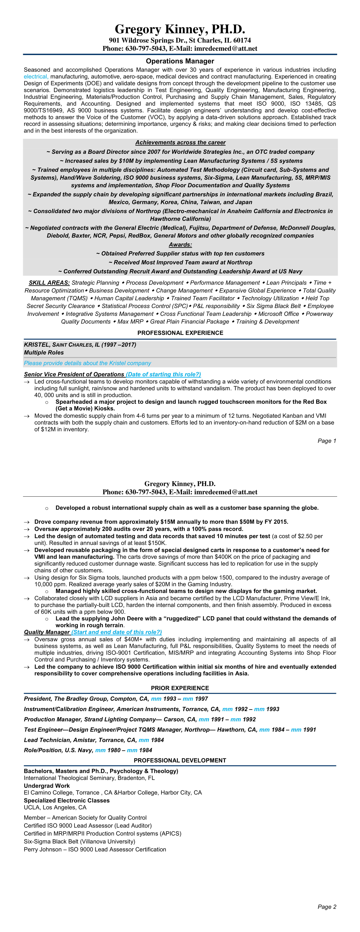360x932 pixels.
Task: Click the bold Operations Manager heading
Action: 180,61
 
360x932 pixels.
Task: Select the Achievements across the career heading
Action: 180,143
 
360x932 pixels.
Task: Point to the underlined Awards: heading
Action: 180,245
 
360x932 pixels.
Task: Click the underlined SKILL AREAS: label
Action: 49,283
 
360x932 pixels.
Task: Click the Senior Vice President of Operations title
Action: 74,374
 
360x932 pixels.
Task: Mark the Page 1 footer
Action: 327,441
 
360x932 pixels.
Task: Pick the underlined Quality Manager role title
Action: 47,632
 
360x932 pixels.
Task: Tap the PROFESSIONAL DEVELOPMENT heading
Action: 180,760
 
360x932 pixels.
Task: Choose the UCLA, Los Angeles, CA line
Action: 55,807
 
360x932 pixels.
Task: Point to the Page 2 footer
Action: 327,907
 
